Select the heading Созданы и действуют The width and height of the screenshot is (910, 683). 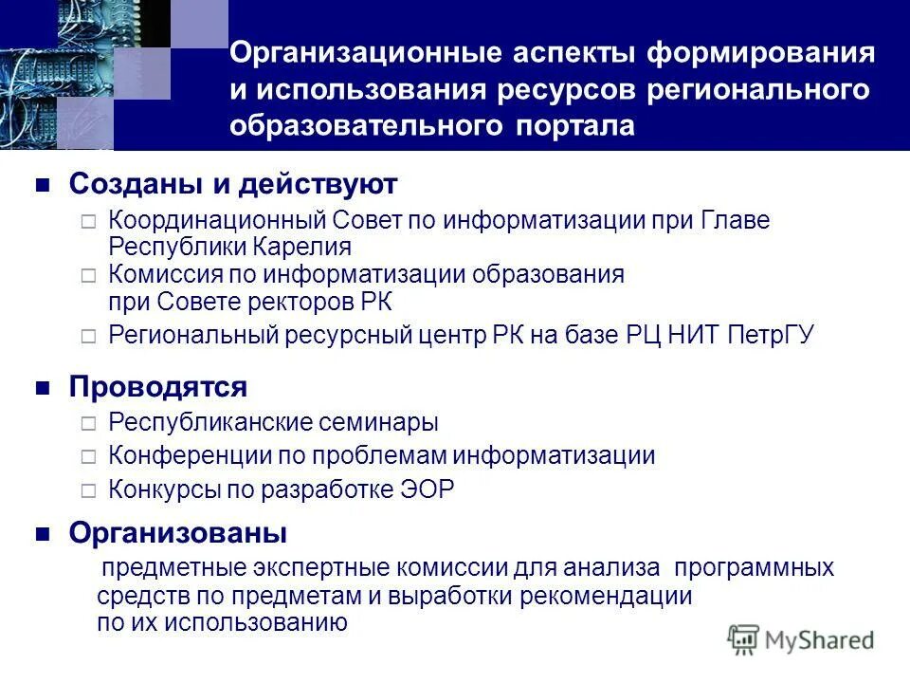[233, 183]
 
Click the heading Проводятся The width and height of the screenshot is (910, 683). [158, 387]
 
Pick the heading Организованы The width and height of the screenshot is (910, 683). [177, 533]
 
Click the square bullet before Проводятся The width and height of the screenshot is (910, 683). [42, 388]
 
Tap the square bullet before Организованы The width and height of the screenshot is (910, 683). [42, 534]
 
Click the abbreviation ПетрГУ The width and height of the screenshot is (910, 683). [770, 336]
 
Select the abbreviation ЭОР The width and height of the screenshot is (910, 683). [426, 489]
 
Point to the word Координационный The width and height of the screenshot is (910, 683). [218, 221]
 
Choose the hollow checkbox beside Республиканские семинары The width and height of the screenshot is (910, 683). [88, 423]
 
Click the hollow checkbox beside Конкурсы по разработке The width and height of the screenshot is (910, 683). [88, 490]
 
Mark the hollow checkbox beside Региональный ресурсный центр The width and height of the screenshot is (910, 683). [88, 337]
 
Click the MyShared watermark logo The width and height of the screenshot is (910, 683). [801, 639]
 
